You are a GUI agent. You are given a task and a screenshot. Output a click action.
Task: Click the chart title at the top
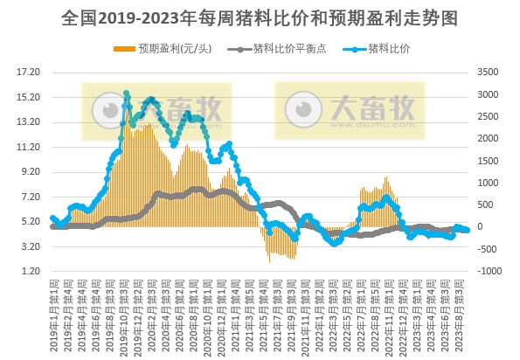260,17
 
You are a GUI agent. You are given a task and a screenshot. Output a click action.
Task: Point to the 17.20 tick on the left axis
29,72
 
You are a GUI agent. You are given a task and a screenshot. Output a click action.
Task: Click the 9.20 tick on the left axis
29,171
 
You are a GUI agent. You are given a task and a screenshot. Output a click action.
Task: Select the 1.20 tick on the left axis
29,272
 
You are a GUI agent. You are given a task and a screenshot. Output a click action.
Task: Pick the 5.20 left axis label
29,222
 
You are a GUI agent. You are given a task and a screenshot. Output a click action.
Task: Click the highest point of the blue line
127,93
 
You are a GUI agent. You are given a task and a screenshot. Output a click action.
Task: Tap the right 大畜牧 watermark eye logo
302,109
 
